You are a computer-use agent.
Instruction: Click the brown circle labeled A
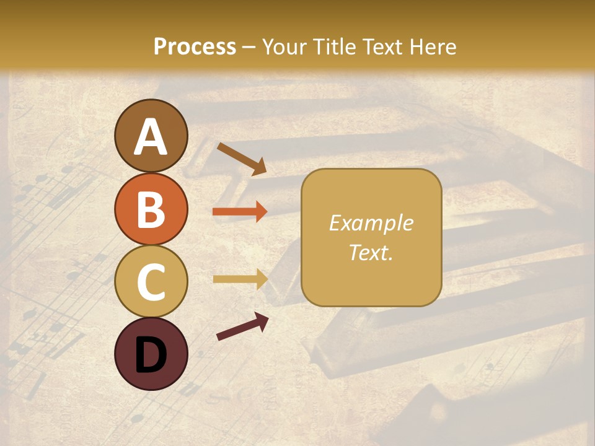[x=151, y=136]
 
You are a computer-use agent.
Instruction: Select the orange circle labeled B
[x=151, y=209]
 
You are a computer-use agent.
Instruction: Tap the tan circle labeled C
[x=151, y=282]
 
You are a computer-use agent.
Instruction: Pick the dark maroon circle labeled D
[x=151, y=354]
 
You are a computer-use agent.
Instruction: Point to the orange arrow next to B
[x=240, y=212]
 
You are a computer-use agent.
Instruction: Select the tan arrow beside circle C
[x=240, y=279]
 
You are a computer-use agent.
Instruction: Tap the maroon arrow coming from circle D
[x=242, y=326]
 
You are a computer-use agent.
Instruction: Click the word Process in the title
[x=195, y=46]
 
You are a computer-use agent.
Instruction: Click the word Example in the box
[x=371, y=223]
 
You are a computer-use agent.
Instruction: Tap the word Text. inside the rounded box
[x=371, y=252]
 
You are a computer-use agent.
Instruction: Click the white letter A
[x=151, y=137]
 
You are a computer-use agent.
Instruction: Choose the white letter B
[x=151, y=209]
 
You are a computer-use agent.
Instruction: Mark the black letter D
[x=151, y=355]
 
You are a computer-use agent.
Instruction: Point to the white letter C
[x=151, y=282]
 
